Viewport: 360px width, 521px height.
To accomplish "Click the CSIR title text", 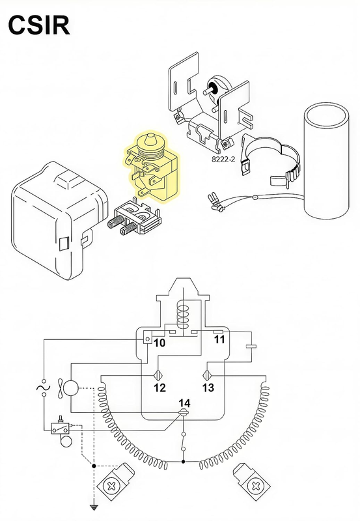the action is pos(39,25).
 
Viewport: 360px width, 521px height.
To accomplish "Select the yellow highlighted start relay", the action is pos(152,166).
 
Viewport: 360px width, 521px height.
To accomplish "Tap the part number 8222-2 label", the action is pos(223,160).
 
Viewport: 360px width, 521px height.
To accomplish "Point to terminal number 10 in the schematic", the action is pos(159,343).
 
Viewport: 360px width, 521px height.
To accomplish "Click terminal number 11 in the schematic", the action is pos(219,339).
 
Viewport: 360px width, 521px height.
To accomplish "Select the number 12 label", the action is pos(159,387).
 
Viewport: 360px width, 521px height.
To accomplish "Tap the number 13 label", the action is pos(208,387).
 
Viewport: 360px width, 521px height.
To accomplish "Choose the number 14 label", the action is pos(185,403).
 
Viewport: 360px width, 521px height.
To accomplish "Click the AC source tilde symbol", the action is pos(44,387).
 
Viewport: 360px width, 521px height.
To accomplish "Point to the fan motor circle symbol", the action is pos(70,387).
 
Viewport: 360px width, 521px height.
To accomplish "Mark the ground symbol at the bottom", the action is pos(94,507).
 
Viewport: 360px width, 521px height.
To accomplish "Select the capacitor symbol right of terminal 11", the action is pos(251,346).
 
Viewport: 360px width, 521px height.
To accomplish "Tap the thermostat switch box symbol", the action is pos(60,429).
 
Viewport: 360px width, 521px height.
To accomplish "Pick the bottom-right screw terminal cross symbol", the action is pos(256,486).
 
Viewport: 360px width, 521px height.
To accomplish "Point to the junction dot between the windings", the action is pos(184,462).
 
